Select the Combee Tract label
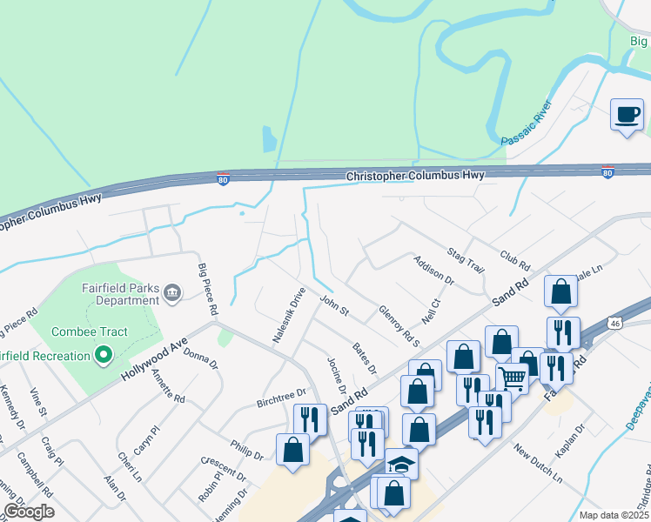pyautogui.click(x=89, y=331)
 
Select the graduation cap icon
pyautogui.click(x=400, y=464)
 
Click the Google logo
pyautogui.click(x=30, y=512)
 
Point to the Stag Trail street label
pyautogui.click(x=466, y=259)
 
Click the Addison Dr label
pyautogui.click(x=434, y=270)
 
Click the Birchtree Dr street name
pyautogui.click(x=282, y=398)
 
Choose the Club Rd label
pyautogui.click(x=515, y=258)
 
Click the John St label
pyautogui.click(x=333, y=305)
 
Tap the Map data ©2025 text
pyautogui.click(x=614, y=515)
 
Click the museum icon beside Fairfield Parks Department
pyautogui.click(x=172, y=293)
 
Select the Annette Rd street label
pyautogui.click(x=168, y=387)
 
